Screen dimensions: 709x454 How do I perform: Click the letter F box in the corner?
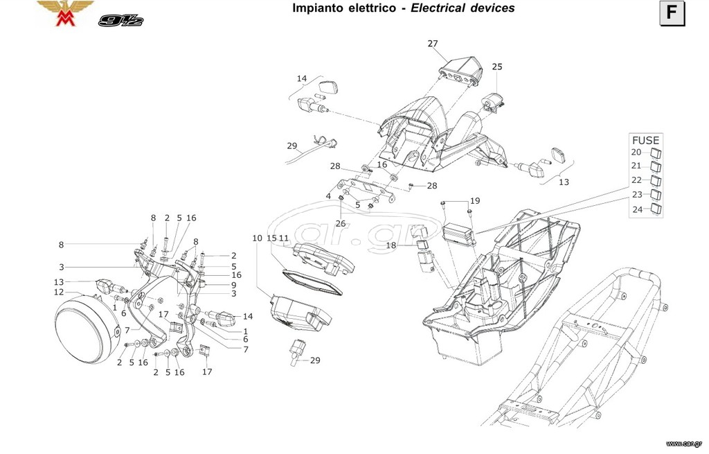672,13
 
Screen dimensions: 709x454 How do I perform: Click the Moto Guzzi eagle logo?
65,12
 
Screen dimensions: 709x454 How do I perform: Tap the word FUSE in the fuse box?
645,140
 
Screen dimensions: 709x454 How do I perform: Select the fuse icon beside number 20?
656,152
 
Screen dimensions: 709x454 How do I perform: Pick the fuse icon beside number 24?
656,209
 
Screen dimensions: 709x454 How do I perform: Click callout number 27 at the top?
433,44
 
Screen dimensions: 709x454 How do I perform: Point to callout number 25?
497,67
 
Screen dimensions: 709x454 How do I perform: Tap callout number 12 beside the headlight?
59,292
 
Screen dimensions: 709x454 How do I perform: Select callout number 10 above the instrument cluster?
258,238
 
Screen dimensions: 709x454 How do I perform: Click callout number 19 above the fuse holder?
475,200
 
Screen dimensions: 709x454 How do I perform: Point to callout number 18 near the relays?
391,245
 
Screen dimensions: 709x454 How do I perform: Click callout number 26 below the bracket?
341,223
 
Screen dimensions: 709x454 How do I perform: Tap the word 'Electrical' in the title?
438,8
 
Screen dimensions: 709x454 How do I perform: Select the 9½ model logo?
120,20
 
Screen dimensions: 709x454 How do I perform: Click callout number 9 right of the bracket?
234,285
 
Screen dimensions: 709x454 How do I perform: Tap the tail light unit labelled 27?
460,71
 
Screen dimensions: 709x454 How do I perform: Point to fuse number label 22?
637,180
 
